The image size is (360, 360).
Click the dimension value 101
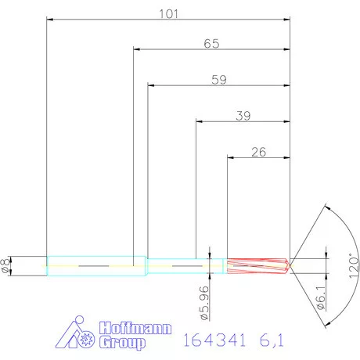(x=170, y=14)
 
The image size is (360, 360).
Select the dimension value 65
(x=211, y=44)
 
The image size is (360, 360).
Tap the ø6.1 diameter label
(x=322, y=304)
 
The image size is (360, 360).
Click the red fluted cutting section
(x=257, y=266)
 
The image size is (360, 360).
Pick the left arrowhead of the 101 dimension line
(x=50, y=19)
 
